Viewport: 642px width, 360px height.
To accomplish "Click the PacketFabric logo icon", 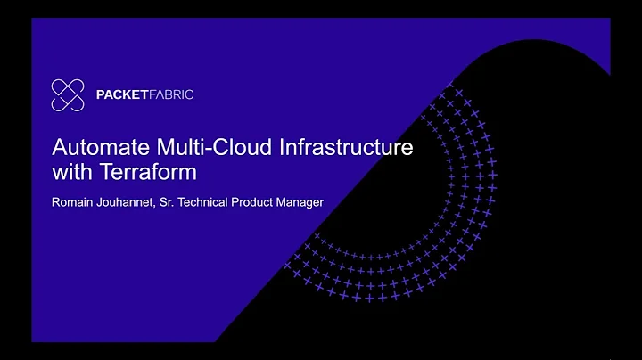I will click(x=68, y=94).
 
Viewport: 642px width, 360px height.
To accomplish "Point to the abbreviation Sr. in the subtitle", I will click(x=175, y=202).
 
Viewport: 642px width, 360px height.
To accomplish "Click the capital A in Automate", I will click(x=59, y=148).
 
